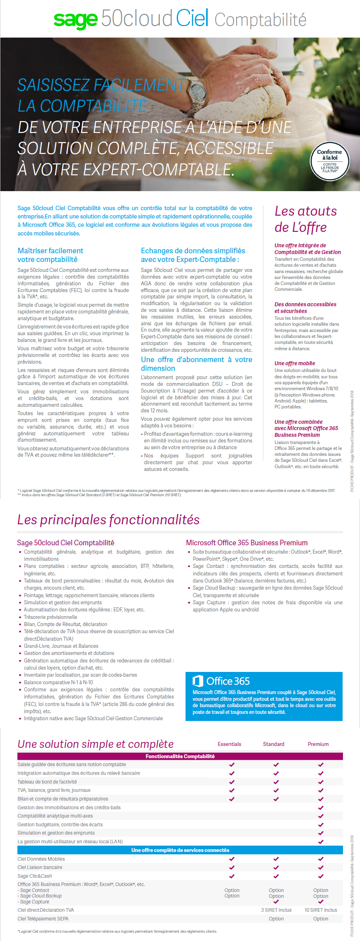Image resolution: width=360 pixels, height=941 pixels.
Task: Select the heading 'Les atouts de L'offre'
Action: point(305,219)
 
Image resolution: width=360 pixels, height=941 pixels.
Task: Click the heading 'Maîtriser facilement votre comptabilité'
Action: point(50,255)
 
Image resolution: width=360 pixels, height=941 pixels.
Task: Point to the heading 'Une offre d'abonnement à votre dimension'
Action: point(196,364)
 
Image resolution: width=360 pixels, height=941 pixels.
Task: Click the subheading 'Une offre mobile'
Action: point(295,363)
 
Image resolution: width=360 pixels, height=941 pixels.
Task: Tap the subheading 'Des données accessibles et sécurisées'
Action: point(305,307)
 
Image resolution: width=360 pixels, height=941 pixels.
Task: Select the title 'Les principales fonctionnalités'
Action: point(108,520)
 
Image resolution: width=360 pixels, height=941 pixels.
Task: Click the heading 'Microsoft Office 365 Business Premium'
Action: point(246,543)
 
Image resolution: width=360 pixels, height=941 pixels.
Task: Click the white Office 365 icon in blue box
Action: point(197,681)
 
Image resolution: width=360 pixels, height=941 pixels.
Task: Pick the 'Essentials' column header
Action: point(229,744)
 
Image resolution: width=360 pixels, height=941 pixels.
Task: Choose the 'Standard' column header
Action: point(274,744)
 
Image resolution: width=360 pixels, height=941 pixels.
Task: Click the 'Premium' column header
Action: point(318,744)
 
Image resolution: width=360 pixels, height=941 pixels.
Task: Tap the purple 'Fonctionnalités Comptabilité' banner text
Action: point(180,756)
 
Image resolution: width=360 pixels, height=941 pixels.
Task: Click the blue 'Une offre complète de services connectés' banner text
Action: point(180,850)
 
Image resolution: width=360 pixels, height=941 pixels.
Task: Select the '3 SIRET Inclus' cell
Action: point(276,910)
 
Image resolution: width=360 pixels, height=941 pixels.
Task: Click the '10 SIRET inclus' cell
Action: point(320,910)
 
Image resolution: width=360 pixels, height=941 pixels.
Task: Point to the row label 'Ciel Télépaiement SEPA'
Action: point(43,918)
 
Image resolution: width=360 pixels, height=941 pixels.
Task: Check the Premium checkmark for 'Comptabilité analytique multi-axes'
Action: point(320,816)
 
